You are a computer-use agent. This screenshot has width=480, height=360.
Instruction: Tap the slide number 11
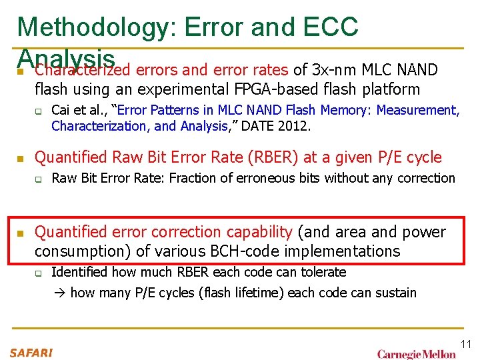tap(465, 344)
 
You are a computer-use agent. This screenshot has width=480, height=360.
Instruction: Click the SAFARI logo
tap(30, 351)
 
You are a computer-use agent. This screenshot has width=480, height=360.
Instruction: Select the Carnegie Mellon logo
tap(416, 353)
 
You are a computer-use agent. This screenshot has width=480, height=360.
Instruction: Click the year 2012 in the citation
tap(295, 126)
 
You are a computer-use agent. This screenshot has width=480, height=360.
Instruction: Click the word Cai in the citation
tap(61, 110)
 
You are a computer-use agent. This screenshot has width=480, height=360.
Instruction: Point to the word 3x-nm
tap(337, 70)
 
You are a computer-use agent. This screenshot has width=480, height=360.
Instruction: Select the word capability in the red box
tap(259, 232)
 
